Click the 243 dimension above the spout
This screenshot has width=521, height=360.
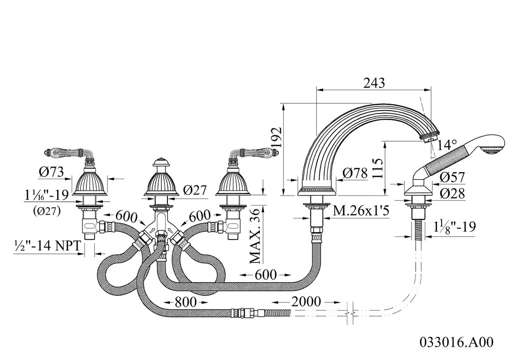pos(374,82)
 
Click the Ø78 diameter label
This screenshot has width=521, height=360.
pos(355,173)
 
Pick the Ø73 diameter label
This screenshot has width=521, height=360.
pos(51,172)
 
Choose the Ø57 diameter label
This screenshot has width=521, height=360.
pos(452,177)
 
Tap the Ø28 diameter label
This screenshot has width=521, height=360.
pos(452,193)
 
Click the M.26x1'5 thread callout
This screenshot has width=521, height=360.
pos(361,211)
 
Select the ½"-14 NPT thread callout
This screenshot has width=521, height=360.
pos(47,245)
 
